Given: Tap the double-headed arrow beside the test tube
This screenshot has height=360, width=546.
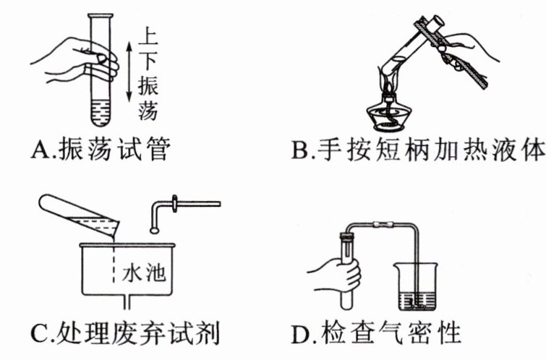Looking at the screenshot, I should click(129, 69).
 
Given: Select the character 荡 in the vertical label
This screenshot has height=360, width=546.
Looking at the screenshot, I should click(149, 112).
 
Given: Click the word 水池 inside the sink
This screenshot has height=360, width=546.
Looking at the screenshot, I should click(142, 273).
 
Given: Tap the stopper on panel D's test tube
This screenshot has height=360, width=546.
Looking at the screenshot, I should click(349, 233).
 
